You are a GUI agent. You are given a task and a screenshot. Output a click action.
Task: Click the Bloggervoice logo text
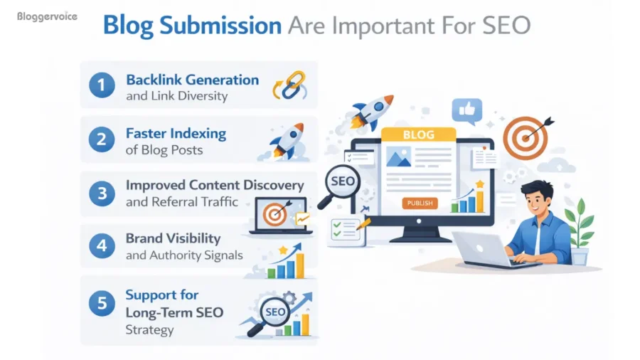[x=47, y=15]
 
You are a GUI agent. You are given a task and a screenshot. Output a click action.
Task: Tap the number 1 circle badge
[x=102, y=85]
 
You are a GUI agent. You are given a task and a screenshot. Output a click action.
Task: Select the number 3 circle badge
[x=102, y=193]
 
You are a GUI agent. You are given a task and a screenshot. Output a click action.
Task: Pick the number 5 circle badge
[x=102, y=302]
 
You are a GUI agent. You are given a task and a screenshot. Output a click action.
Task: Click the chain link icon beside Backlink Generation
[x=288, y=85]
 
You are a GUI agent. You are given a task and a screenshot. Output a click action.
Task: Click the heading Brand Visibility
[x=173, y=238]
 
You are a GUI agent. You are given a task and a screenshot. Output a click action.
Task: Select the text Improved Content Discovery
[x=214, y=185]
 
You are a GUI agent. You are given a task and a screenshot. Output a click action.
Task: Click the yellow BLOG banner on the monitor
[x=417, y=134]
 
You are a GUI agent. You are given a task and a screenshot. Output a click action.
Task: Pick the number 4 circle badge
[x=102, y=246]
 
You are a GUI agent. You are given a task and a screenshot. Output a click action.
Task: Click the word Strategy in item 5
[x=149, y=330]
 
